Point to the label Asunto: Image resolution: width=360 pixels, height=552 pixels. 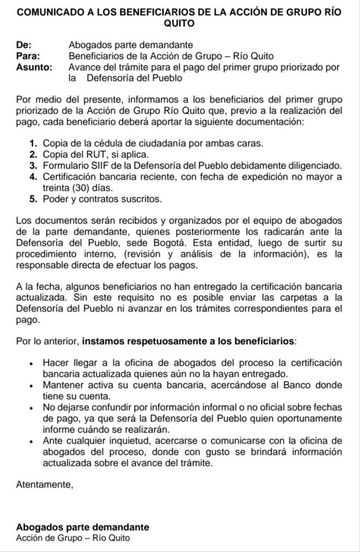pos(34,67)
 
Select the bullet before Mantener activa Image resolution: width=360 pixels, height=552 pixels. pos(33,386)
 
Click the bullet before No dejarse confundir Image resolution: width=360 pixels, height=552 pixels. pos(33,408)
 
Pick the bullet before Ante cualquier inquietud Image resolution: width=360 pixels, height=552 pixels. pos(33,441)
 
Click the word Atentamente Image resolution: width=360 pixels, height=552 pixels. pos(45,485)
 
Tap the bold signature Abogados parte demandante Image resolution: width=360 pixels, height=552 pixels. pos(82,527)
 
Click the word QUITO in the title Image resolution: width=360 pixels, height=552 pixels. pos(179,24)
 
